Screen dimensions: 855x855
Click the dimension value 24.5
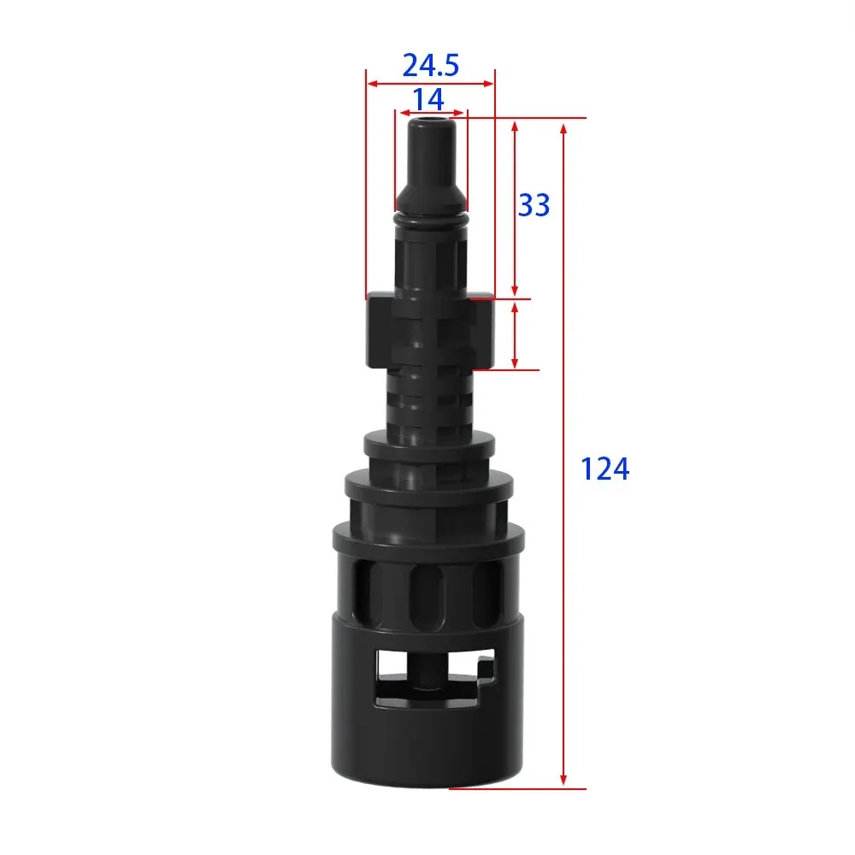click(431, 66)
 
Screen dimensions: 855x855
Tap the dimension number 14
click(428, 99)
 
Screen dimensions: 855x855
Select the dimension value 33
click(534, 205)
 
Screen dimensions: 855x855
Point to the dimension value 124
click(604, 469)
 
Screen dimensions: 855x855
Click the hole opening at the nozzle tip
click(432, 118)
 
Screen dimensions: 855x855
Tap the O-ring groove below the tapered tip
click(431, 219)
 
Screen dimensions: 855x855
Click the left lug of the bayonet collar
click(380, 330)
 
